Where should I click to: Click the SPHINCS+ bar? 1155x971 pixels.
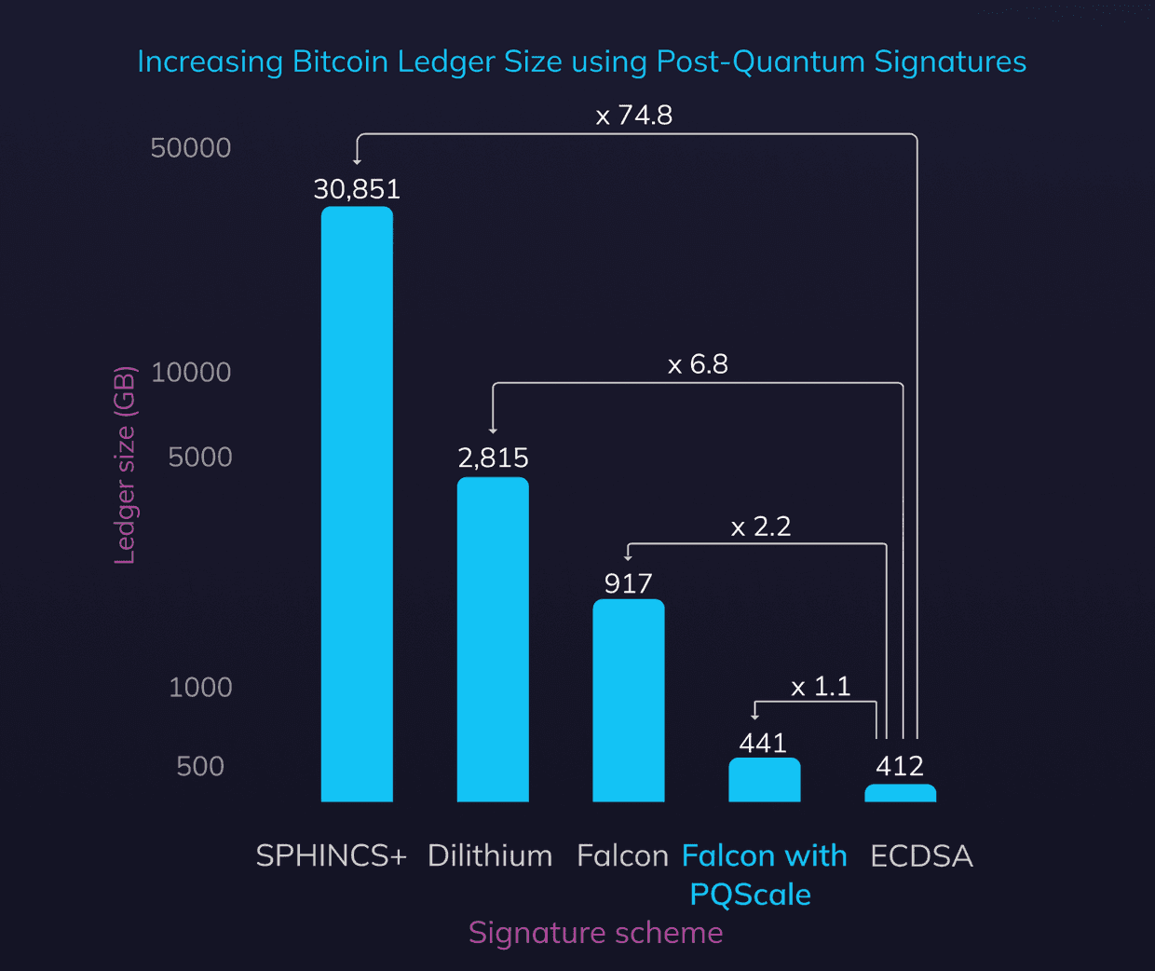(357, 503)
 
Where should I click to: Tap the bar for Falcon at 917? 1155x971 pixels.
(629, 700)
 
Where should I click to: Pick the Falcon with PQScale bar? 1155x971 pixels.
(764, 780)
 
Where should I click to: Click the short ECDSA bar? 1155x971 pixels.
(900, 793)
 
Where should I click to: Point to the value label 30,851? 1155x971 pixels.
(357, 189)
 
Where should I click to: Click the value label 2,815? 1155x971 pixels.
(493, 458)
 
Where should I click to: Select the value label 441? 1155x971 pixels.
(763, 743)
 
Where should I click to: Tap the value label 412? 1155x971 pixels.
(900, 766)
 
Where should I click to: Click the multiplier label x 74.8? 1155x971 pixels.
(633, 116)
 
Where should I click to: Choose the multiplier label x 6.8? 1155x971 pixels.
(698, 364)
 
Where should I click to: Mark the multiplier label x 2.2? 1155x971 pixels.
(760, 527)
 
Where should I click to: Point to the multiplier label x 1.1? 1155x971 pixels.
(821, 687)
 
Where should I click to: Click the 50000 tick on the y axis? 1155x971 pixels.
(191, 147)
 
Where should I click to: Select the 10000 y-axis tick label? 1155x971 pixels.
(191, 372)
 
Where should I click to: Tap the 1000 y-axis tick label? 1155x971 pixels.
(200, 687)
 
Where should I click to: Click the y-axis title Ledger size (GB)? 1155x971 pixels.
(125, 465)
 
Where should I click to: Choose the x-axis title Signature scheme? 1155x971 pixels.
(595, 933)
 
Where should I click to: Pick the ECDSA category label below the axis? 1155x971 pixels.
(921, 855)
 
